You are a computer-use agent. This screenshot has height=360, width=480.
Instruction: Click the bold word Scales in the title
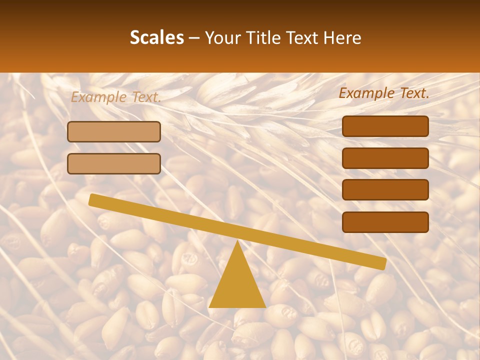point(156,37)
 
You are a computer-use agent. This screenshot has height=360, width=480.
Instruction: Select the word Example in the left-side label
point(98,97)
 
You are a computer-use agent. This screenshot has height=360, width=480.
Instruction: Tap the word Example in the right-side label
point(366,92)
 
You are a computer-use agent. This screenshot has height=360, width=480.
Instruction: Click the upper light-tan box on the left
point(114,131)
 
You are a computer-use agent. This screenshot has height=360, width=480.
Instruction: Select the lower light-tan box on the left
point(114,163)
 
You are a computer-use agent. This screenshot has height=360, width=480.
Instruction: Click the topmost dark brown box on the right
point(385,126)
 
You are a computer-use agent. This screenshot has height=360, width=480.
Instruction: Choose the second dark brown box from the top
point(385,158)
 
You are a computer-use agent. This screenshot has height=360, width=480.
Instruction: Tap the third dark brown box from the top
point(385,189)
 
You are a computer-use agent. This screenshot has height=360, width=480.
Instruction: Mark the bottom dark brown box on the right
point(385,222)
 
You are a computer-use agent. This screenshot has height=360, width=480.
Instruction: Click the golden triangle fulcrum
point(237,285)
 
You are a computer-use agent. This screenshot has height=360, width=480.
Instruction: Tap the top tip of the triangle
point(237,243)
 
